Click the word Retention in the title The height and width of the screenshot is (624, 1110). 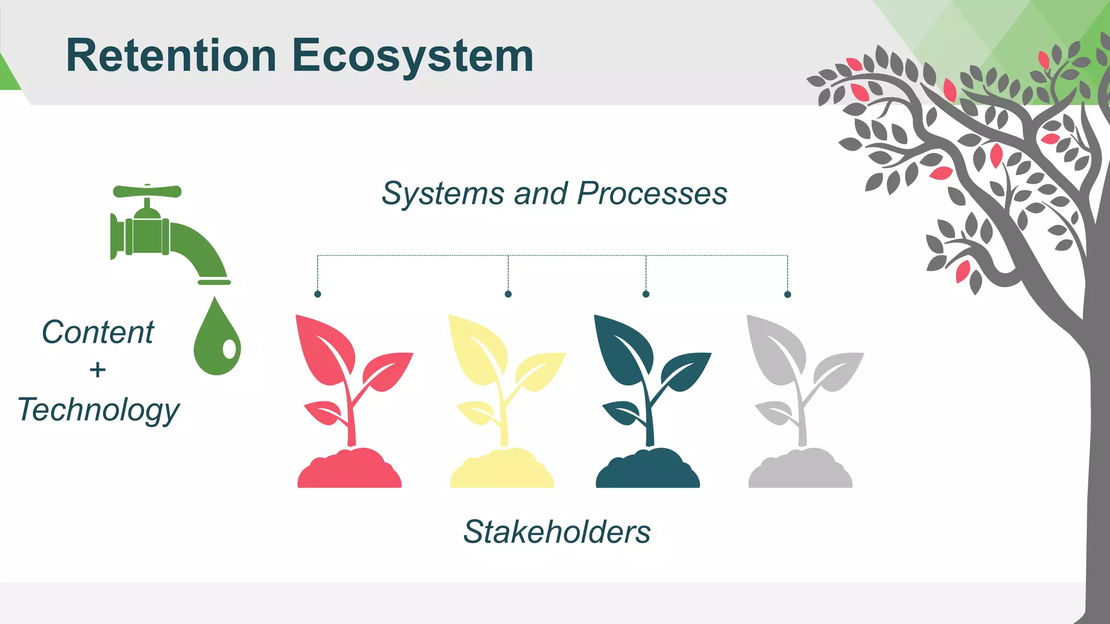pos(171,56)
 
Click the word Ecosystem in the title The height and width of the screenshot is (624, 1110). pos(413,56)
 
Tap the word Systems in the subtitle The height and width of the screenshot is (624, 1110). pos(443,193)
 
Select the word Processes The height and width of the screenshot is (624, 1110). pos(652,193)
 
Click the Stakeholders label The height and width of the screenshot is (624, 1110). pos(557,532)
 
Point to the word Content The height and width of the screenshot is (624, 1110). pos(98,332)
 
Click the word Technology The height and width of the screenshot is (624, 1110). pos(98,410)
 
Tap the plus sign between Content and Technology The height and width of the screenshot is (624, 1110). pos(98,370)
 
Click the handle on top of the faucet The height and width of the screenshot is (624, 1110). pos(147,191)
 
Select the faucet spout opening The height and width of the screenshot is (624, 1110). pos(214,282)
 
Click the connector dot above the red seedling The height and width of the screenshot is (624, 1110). pos(318,294)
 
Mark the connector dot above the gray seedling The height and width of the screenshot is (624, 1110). pos(788,294)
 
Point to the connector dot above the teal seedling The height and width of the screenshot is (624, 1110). pos(646,294)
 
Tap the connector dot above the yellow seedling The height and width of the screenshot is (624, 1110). pos(508,294)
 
